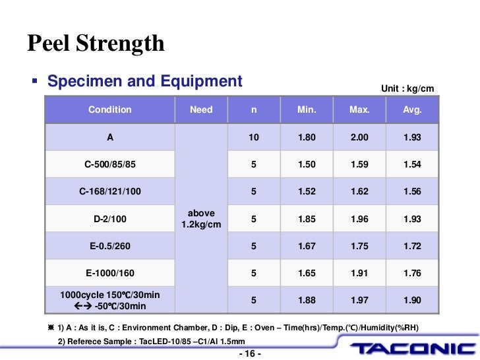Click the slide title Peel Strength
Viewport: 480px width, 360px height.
click(96, 44)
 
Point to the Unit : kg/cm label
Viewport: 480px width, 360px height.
click(407, 89)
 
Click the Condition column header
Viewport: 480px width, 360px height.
click(110, 109)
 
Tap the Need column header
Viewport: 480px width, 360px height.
click(201, 109)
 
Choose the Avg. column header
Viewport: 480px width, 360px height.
click(412, 109)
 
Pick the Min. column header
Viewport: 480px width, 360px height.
click(307, 109)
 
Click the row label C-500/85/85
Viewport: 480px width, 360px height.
click(110, 164)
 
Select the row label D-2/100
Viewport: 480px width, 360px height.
click(110, 219)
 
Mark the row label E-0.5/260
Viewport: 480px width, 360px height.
click(110, 246)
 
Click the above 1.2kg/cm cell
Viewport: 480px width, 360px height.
click(201, 219)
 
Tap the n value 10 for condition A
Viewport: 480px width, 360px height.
click(254, 137)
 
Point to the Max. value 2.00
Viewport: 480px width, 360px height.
click(359, 137)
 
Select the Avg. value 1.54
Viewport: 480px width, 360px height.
click(412, 164)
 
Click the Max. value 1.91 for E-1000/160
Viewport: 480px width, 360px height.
click(359, 273)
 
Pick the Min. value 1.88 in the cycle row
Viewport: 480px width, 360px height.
click(307, 300)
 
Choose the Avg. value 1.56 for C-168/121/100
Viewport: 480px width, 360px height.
click(412, 192)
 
